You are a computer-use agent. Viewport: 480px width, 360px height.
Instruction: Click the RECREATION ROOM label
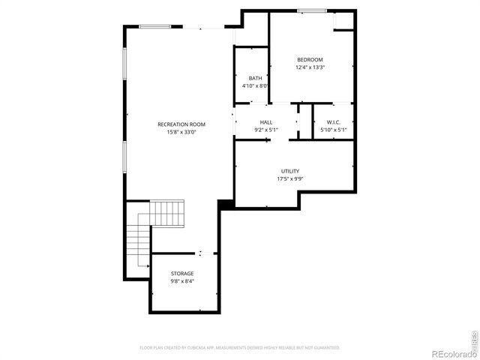pyautogui.click(x=181, y=124)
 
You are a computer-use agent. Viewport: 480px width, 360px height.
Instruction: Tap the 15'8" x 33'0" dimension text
pyautogui.click(x=181, y=132)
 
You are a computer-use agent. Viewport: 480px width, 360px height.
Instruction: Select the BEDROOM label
pyautogui.click(x=310, y=60)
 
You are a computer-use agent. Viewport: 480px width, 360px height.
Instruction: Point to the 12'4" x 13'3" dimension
pyautogui.click(x=310, y=67)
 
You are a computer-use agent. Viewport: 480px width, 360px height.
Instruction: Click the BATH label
pyautogui.click(x=255, y=78)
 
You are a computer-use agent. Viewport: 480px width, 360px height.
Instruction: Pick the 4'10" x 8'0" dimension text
pyautogui.click(x=255, y=85)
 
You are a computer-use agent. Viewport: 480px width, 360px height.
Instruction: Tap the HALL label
pyautogui.click(x=266, y=122)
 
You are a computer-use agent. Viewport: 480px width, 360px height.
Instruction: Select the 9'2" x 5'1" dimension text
pyautogui.click(x=266, y=130)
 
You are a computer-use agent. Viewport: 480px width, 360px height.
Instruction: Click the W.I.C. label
pyautogui.click(x=333, y=122)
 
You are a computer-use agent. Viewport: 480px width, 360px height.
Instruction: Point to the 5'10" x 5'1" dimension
pyautogui.click(x=333, y=130)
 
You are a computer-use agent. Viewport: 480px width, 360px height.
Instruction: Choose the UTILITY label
pyautogui.click(x=289, y=171)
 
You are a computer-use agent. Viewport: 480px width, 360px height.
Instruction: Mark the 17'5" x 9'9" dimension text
pyautogui.click(x=289, y=178)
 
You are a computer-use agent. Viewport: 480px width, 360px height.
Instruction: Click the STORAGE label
pyautogui.click(x=181, y=274)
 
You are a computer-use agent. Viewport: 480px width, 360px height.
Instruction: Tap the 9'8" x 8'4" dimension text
pyautogui.click(x=181, y=281)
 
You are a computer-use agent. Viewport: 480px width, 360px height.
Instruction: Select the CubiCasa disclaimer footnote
pyautogui.click(x=240, y=348)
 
